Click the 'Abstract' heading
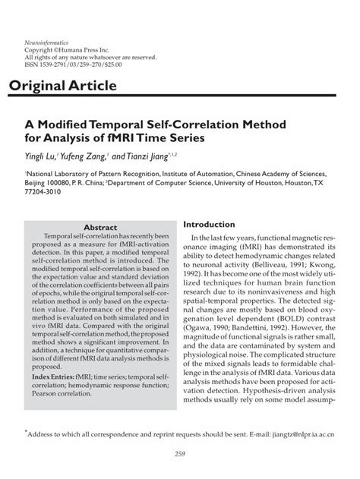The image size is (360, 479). (x=99, y=228)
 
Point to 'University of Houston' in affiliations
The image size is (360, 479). (x=255, y=184)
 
